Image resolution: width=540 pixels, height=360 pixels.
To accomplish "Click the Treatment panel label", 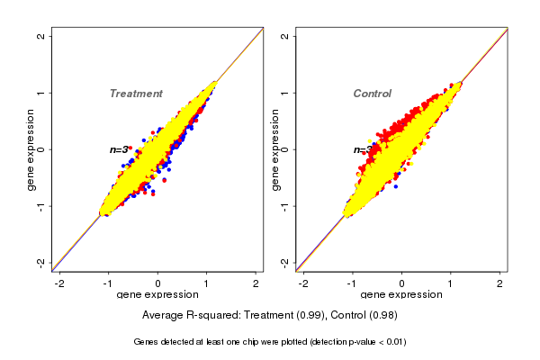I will point(136,94).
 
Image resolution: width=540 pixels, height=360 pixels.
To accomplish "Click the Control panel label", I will point(372,94).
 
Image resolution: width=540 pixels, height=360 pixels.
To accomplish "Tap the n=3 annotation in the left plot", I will point(119,149).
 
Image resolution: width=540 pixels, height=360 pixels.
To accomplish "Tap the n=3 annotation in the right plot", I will point(362,149).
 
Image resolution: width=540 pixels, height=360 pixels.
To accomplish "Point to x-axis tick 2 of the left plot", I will point(256,283).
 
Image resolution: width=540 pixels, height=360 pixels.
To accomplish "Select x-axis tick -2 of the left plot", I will point(59,283).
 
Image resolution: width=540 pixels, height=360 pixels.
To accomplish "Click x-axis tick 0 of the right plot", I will point(401,283).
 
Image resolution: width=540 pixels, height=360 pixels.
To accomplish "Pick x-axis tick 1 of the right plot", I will point(451,283).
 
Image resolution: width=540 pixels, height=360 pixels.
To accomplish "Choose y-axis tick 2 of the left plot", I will point(41,36).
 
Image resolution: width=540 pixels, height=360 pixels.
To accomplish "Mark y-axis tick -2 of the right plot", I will point(284,262).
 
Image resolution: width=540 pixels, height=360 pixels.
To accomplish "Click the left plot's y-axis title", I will point(31,149).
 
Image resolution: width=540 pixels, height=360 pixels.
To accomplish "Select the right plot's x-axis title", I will point(401,295).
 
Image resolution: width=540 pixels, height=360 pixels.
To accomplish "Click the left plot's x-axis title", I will point(157,295).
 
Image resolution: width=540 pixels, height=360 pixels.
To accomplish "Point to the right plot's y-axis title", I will point(274,149).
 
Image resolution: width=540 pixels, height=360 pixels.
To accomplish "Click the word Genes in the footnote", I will point(147,342).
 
